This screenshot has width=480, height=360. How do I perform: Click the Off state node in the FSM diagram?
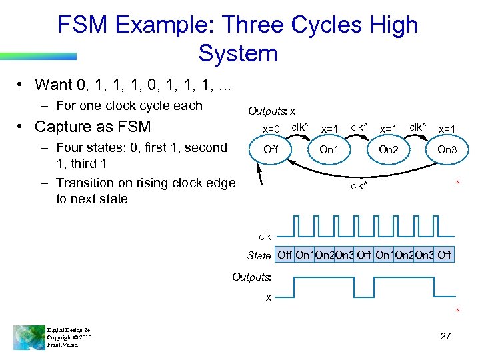[x=271, y=150]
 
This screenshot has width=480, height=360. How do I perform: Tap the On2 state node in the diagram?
[x=388, y=150]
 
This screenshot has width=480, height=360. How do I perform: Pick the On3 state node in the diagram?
[x=446, y=150]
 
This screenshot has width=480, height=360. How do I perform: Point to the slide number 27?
[x=446, y=336]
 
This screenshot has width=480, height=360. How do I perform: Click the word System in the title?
[x=237, y=53]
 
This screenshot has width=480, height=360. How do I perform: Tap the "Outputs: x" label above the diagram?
[x=271, y=111]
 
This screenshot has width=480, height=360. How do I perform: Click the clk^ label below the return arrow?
[x=359, y=186]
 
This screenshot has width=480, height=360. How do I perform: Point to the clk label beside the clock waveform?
[x=265, y=236]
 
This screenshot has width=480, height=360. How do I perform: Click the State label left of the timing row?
[x=259, y=255]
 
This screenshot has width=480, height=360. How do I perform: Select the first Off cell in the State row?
[x=285, y=255]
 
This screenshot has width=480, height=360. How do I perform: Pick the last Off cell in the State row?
[x=445, y=255]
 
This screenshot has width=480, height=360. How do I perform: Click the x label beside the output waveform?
[x=269, y=297]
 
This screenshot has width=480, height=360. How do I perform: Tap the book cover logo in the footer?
[x=27, y=337]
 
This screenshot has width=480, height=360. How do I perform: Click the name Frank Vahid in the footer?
[x=63, y=345]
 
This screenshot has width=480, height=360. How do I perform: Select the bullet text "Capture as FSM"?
[x=93, y=127]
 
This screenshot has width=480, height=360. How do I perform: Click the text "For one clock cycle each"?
[x=129, y=105]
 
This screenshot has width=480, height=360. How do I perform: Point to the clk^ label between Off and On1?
[x=300, y=126]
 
